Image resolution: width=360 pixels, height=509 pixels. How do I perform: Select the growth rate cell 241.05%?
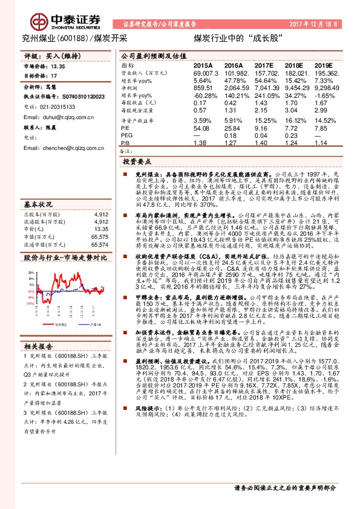[264, 95]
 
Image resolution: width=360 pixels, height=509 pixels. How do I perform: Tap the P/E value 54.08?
[201, 128]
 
